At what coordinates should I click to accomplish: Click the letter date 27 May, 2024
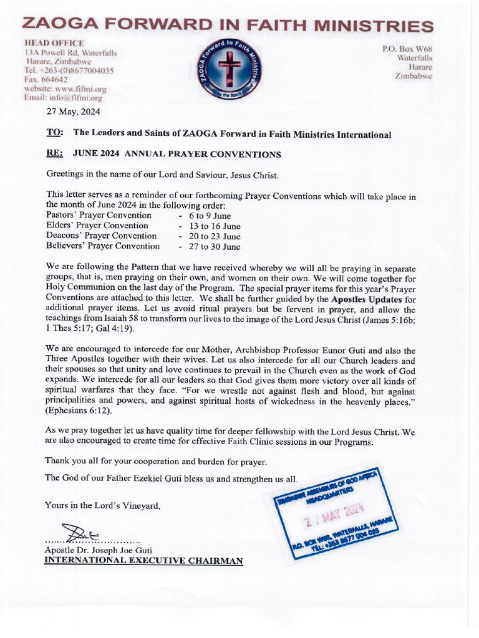[x=74, y=112]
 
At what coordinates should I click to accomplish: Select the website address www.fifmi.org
[x=71, y=89]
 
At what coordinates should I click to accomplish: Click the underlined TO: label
[x=55, y=133]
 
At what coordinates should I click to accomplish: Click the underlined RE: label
[x=55, y=154]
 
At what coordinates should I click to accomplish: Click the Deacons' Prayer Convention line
[x=102, y=236]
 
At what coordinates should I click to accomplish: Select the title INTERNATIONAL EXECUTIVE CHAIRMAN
[x=143, y=561]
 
